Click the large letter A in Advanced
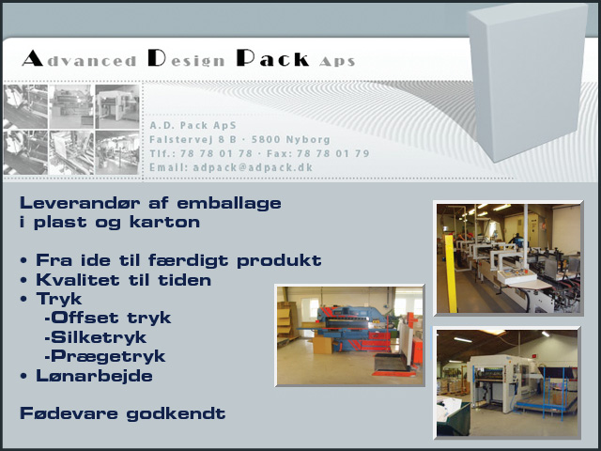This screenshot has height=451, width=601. click(33, 58)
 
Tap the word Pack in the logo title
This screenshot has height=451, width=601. click(272, 58)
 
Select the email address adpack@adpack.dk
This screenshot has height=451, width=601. click(253, 167)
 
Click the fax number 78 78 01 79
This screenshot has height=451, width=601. click(332, 154)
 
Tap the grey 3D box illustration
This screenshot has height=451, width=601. click(528, 82)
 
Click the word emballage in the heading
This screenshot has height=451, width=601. click(229, 204)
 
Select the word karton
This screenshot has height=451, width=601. click(165, 222)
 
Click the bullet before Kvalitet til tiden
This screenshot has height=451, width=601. click(23, 280)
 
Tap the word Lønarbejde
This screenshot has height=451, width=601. click(94, 376)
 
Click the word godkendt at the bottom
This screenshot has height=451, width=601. click(176, 413)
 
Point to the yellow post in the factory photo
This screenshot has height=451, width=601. click(451, 273)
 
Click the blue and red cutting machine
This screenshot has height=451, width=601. click(353, 329)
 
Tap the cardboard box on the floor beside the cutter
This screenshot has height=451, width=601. click(322, 345)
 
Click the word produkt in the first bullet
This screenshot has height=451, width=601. click(279, 261)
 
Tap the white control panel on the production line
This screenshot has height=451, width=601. click(516, 277)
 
